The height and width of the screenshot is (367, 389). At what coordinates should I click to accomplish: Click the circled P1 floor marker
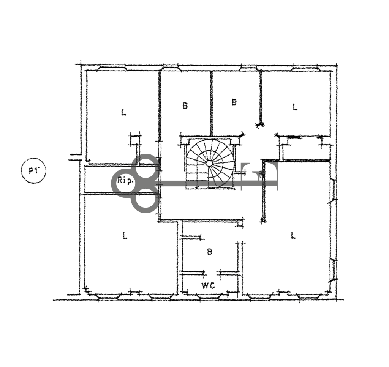tap(33, 171)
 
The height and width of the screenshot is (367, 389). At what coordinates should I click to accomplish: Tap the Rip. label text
tap(125, 181)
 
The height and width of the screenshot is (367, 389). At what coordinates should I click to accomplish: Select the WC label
tap(208, 286)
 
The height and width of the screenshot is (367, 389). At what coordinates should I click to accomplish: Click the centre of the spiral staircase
tap(209, 163)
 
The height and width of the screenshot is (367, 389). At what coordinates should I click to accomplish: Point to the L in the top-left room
tap(123, 112)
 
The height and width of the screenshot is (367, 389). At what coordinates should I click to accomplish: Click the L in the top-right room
tap(295, 107)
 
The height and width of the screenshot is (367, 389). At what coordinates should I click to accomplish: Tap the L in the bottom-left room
tap(125, 235)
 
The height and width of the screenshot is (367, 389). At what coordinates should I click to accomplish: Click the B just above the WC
tap(210, 252)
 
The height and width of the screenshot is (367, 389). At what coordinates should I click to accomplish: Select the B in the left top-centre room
tap(185, 106)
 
